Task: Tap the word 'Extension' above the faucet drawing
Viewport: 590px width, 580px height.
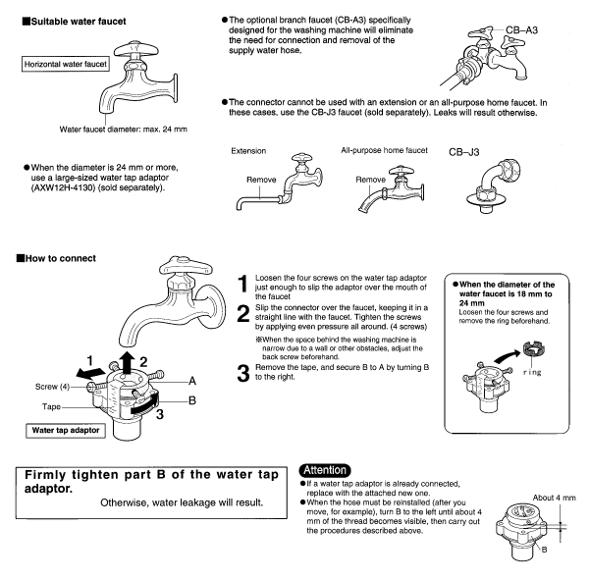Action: (248, 152)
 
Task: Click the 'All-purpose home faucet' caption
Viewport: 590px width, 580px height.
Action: (383, 152)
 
